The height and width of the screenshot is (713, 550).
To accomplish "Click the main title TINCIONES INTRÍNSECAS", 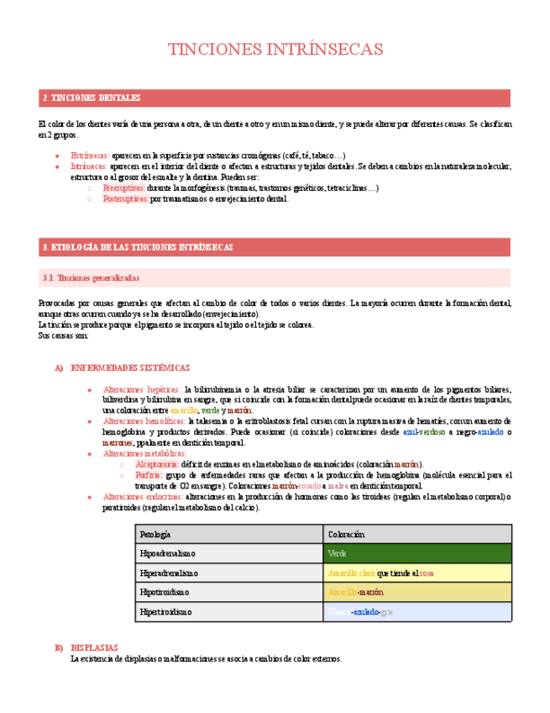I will pos(275,50).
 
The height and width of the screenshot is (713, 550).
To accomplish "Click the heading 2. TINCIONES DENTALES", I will pos(92,98).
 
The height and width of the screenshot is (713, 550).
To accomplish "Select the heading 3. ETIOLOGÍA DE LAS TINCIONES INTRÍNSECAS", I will pos(138,247).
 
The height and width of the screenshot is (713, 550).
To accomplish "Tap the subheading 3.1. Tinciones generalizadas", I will pos(91,277).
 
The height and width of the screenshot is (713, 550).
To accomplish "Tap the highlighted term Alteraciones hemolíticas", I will pos(144,420).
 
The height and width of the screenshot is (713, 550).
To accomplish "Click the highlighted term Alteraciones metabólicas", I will pos(144,453).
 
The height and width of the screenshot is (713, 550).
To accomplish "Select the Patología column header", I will pos(155,534).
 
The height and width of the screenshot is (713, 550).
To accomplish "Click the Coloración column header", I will pos(346,534).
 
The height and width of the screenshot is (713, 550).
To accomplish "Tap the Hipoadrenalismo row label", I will pos(168,553).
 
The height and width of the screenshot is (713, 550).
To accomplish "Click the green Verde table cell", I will pos(417,553).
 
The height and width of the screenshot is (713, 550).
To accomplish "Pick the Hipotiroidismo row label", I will pos(165,592).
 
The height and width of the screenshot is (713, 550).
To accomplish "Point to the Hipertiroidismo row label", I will pos(166,611).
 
